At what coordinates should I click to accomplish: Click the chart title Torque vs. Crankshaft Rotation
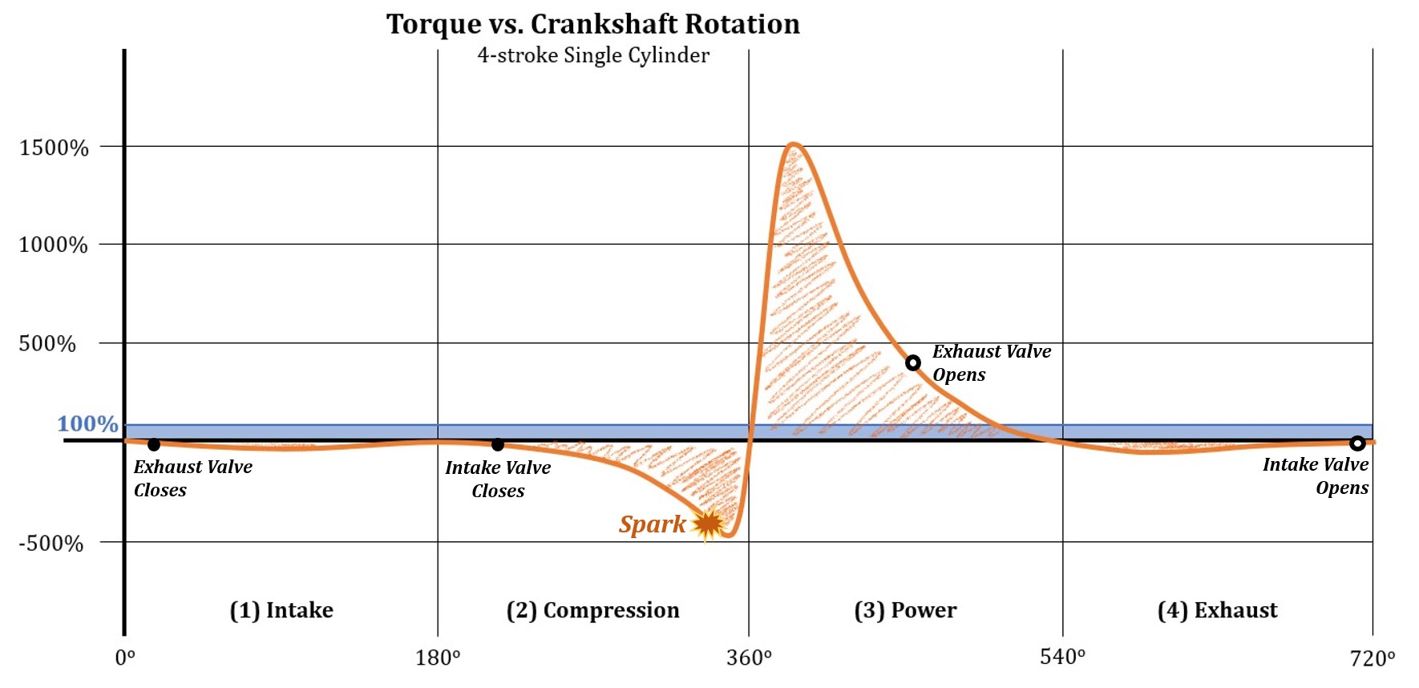click(x=593, y=24)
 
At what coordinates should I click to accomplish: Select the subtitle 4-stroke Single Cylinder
click(x=593, y=55)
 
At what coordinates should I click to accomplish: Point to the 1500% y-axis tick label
click(x=54, y=148)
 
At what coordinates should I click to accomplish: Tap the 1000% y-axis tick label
click(x=54, y=245)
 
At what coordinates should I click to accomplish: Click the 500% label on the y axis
click(x=47, y=344)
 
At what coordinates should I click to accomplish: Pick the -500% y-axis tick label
click(x=51, y=544)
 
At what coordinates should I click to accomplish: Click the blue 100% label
click(x=87, y=423)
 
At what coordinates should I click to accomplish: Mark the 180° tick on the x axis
click(x=438, y=658)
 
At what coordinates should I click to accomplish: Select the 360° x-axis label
click(x=749, y=658)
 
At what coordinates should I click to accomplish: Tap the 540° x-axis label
click(x=1062, y=658)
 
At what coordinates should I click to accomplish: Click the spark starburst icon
click(x=708, y=524)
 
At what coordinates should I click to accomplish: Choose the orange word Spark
click(x=652, y=524)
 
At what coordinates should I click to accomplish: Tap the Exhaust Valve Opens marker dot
click(x=912, y=363)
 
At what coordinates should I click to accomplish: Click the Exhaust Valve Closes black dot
click(x=154, y=444)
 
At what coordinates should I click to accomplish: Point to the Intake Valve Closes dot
click(x=498, y=444)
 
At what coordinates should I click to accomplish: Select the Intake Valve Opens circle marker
click(x=1357, y=443)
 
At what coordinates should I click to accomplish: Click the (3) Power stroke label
click(x=905, y=610)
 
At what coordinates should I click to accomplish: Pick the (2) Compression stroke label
click(x=592, y=610)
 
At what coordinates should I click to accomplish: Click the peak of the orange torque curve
click(x=793, y=144)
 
